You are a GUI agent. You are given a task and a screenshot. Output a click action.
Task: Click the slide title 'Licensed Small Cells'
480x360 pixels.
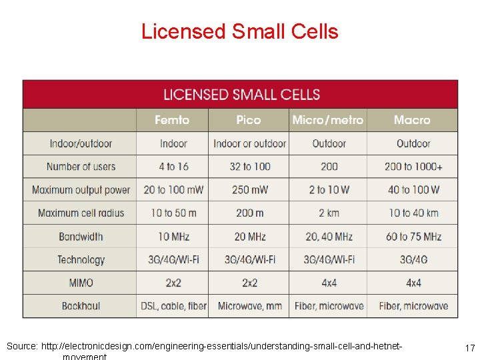pos(239,31)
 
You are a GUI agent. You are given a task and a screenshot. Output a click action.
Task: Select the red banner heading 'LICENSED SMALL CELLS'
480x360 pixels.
pos(241,95)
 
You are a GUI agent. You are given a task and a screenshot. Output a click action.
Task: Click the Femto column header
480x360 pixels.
pos(172,120)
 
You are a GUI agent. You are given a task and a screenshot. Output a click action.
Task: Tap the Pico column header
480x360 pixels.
pos(249,120)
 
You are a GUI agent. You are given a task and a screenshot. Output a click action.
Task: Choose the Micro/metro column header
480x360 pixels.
pos(328,120)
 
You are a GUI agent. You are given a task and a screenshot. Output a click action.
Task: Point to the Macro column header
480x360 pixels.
pos(412,120)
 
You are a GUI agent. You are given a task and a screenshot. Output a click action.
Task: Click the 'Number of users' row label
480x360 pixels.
pos(81,167)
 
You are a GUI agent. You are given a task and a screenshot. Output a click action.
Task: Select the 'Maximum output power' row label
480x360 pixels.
pos(81,190)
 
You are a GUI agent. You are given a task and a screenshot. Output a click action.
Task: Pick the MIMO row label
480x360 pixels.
pos(81,283)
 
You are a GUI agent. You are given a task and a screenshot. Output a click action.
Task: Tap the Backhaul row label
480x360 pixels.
pos(81,306)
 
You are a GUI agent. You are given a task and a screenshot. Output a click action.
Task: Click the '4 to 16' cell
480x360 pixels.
pos(173,167)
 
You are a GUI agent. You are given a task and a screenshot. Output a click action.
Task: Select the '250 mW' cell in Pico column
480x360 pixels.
pos(249,190)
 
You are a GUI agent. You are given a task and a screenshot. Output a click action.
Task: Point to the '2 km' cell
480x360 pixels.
pos(329,213)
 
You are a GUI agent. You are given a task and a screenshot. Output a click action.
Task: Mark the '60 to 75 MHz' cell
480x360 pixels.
pos(413,237)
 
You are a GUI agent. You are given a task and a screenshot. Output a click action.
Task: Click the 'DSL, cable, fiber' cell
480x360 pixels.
pos(173,306)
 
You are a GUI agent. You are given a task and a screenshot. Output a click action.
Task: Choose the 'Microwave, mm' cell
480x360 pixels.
pos(249,306)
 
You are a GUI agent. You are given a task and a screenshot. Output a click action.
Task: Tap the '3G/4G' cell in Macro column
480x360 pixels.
pos(413,259)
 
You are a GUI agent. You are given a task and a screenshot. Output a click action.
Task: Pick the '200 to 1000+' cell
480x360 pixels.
pos(413,167)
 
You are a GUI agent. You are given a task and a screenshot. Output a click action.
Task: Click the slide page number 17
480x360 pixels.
pos(469,347)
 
